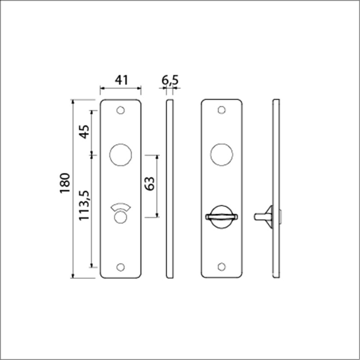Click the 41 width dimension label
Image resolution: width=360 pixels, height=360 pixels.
point(122,79)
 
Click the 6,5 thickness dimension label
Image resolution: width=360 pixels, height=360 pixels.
point(170,79)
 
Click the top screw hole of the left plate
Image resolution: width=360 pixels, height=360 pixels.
point(121,111)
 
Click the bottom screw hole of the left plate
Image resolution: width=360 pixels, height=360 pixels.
point(121,266)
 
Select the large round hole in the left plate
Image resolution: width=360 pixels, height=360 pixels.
point(120,154)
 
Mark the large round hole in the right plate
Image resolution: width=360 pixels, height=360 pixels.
point(222,154)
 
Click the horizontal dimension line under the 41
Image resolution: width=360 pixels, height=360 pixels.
point(121,90)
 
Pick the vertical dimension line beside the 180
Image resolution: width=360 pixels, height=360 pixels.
point(73,188)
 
